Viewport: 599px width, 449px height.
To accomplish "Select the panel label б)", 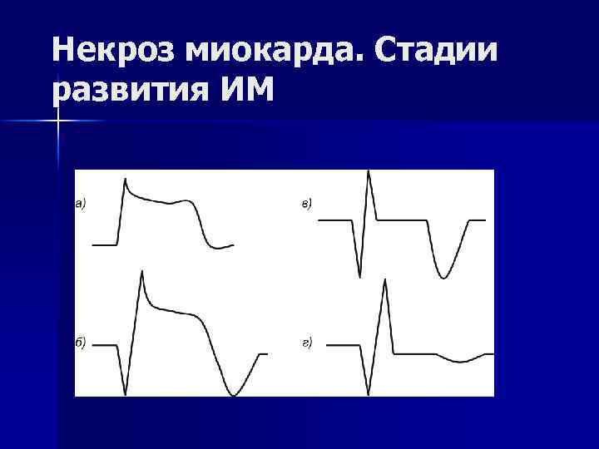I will tap(82, 343).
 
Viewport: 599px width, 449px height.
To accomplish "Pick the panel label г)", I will tap(306, 343).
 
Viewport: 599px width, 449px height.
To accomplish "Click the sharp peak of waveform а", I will tap(125, 179).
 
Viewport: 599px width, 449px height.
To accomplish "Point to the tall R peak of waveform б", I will tap(142, 272).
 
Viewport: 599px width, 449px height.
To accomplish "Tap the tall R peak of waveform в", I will tap(369, 172).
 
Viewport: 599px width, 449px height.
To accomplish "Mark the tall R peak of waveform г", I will tap(384, 279).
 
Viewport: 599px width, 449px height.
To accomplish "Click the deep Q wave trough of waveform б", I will tap(126, 393).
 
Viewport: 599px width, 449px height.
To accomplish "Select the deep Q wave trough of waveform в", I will tap(359, 276).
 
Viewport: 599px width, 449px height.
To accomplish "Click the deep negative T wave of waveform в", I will tap(444, 277).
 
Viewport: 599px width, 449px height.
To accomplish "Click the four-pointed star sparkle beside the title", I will tap(58, 121).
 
